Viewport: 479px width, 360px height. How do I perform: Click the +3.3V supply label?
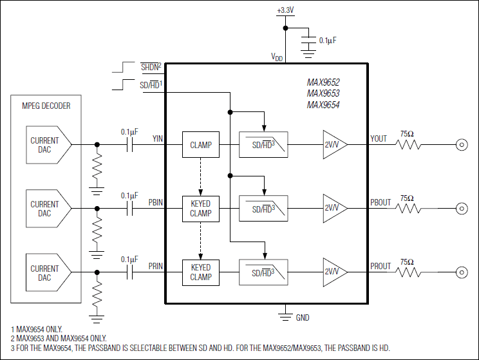tap(285, 11)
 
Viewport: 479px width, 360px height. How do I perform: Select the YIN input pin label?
tap(157, 138)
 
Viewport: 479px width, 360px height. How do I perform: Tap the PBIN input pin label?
tap(155, 202)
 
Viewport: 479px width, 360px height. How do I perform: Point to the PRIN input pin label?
tap(155, 266)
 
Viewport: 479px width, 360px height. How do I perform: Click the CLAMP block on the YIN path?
tap(200, 144)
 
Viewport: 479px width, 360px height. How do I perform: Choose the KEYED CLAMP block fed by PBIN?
tap(200, 209)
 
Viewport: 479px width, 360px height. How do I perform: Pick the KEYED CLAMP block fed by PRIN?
tap(200, 272)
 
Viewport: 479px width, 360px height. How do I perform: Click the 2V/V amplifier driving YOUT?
tap(333, 144)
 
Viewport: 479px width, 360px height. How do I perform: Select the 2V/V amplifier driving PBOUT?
tap(333, 209)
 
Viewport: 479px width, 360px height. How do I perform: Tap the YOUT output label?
tap(379, 138)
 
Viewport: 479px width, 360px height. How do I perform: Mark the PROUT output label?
tap(380, 266)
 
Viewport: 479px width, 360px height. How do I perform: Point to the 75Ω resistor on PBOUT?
tap(408, 208)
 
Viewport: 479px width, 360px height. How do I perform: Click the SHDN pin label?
tap(151, 66)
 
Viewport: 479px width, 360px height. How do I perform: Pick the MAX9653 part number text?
tap(323, 93)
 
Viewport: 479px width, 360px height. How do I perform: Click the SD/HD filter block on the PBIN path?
tap(264, 209)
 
